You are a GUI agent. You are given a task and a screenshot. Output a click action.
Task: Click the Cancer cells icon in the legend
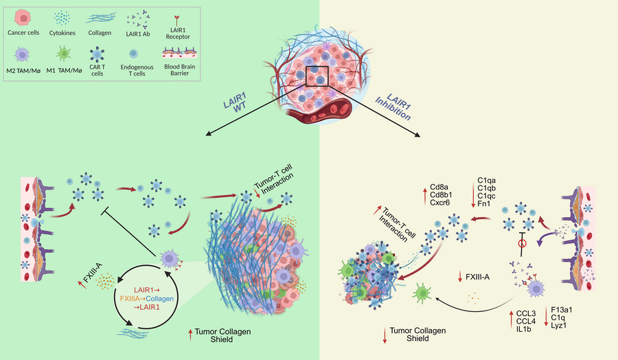[23, 18]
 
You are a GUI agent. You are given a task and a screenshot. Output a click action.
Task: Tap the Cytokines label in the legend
[62, 33]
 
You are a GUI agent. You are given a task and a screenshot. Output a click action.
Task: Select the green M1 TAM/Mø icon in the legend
[63, 53]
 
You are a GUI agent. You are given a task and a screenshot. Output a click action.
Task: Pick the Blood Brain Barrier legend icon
[180, 53]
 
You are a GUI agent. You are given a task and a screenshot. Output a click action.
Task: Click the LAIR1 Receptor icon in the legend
[176, 20]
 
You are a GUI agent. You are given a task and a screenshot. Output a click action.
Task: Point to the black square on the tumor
[317, 76]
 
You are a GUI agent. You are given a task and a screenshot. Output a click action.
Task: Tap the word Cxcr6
[440, 203]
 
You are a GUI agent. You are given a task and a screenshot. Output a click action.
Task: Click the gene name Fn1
[483, 203]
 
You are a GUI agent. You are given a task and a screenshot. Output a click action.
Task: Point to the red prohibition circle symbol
[523, 244]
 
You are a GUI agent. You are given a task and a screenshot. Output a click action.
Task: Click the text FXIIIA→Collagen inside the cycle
[147, 298]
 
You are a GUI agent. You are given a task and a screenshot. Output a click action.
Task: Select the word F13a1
[562, 310]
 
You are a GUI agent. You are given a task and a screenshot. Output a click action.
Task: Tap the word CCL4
[526, 322]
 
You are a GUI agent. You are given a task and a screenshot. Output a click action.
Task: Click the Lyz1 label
[559, 325]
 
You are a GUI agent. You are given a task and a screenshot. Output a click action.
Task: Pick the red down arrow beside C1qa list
[473, 193]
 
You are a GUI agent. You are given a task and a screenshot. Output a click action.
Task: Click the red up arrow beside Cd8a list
[425, 196]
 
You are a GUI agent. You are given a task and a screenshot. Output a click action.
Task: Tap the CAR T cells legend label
[97, 70]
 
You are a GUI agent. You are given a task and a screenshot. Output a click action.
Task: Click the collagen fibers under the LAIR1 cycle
[133, 333]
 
